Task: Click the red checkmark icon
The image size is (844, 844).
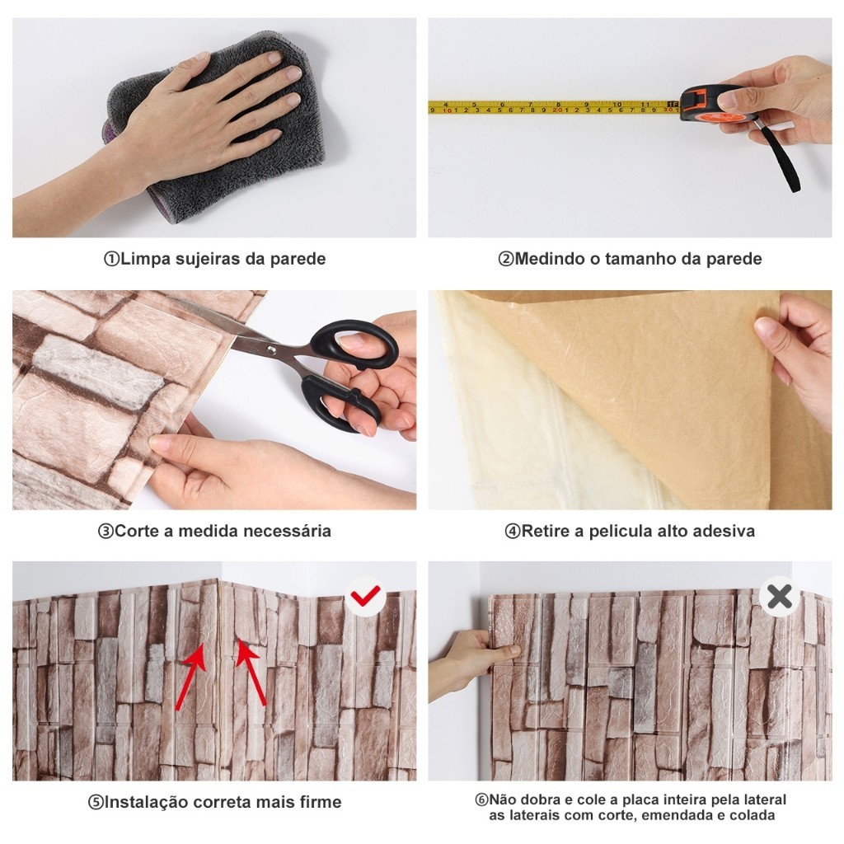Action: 365,595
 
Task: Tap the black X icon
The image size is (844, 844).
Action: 780,596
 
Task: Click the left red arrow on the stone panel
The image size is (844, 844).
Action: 191,674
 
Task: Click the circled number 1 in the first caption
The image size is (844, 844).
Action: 111,259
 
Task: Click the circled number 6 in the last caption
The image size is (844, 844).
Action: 481,799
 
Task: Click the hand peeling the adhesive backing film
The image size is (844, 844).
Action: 796,355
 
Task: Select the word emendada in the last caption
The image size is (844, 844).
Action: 674,815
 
